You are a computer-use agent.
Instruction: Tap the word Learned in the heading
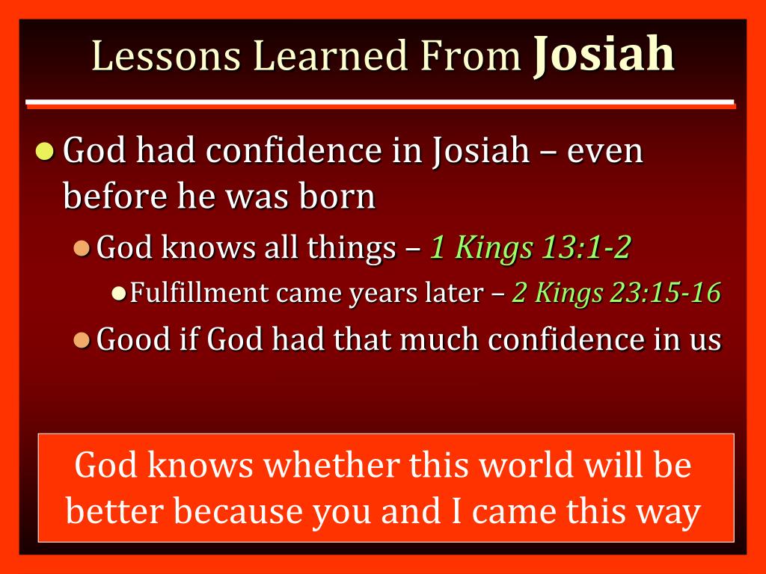(x=330, y=57)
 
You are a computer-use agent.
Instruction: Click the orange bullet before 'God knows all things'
(x=83, y=247)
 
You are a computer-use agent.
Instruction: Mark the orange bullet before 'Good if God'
(x=83, y=341)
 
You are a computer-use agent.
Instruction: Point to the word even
(x=605, y=152)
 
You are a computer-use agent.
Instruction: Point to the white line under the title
(x=380, y=102)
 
